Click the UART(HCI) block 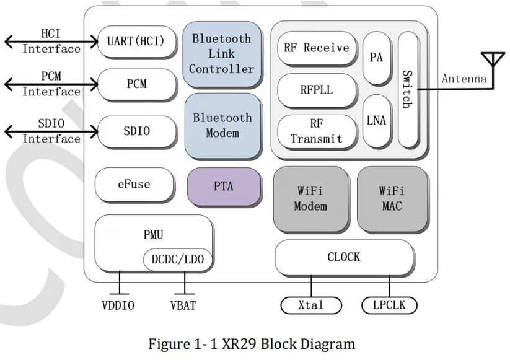point(136,42)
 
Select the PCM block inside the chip point(136,84)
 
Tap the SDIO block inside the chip point(136,131)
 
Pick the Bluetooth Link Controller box point(221,53)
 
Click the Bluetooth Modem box point(221,125)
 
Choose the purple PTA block point(223,185)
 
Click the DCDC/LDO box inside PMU point(177,260)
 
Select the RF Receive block point(316,48)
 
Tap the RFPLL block point(316,90)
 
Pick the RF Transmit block point(316,131)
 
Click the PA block point(376,58)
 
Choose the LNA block point(376,120)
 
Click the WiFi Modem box point(310,198)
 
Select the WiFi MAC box point(391,198)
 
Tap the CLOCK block point(343,257)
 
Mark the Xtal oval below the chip point(310,305)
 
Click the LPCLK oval point(389,305)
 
